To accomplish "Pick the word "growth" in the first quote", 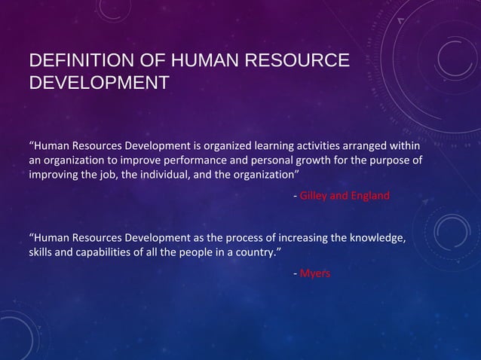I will (x=314, y=160).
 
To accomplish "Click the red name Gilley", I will (x=316, y=197).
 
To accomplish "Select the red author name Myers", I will (x=315, y=273).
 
